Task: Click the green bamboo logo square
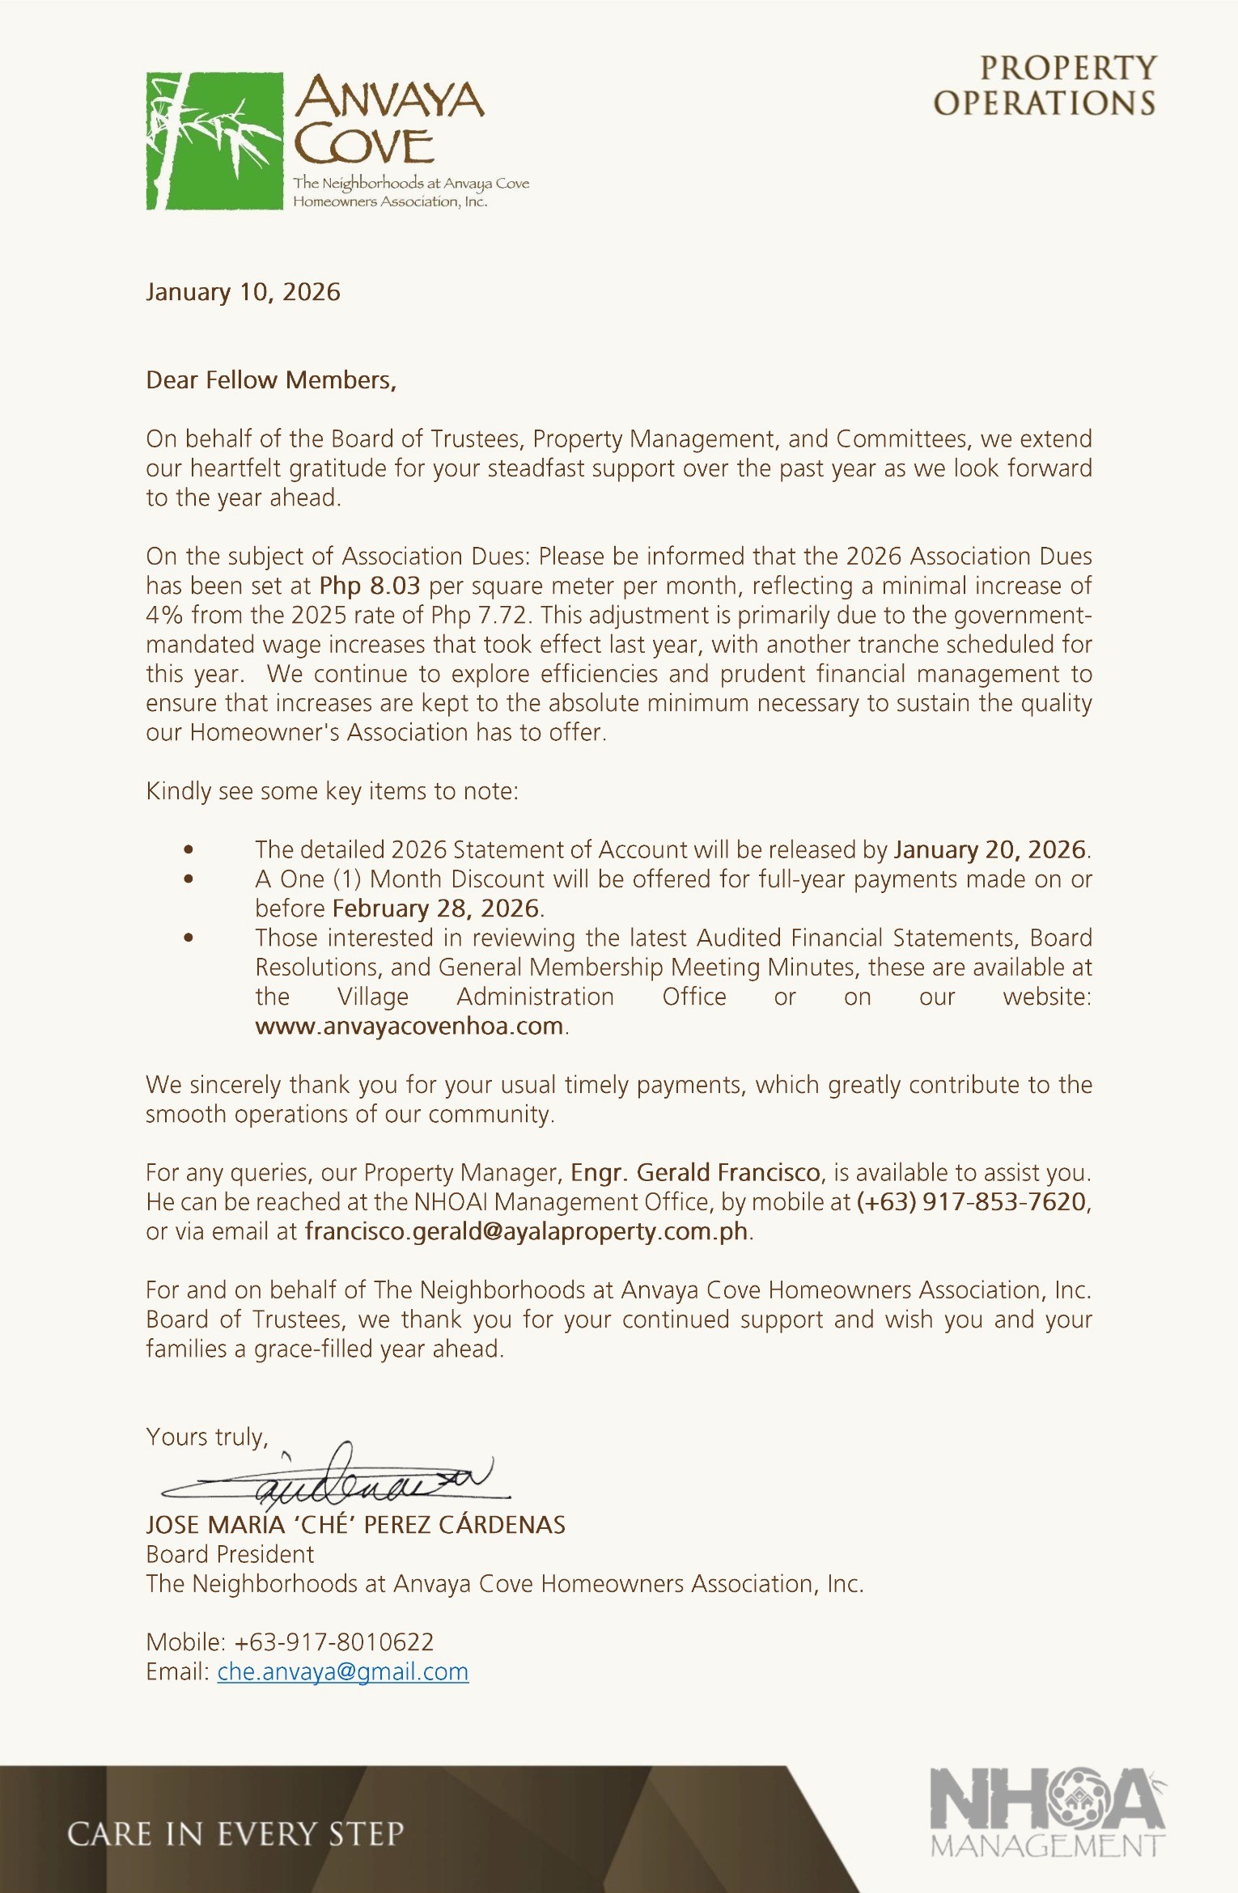[x=214, y=142]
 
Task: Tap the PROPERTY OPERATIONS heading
[x=1045, y=86]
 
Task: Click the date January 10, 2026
[x=243, y=292]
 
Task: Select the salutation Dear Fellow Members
[x=271, y=380]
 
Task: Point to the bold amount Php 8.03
[x=370, y=586]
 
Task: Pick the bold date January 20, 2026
[x=990, y=849]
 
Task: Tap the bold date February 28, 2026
[x=435, y=908]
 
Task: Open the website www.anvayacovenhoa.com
[x=409, y=1026]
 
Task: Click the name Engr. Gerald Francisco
[x=696, y=1172]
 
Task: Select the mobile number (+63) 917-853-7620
[x=972, y=1201]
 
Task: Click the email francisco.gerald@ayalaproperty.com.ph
[x=526, y=1231]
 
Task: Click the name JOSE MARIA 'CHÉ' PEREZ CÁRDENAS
[x=355, y=1525]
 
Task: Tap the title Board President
[x=230, y=1554]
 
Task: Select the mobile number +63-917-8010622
[x=333, y=1641]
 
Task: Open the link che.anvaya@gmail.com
[x=343, y=1671]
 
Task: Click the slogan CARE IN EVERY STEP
[x=235, y=1834]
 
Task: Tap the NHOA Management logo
[x=1048, y=1811]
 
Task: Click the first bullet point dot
[x=189, y=849]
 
